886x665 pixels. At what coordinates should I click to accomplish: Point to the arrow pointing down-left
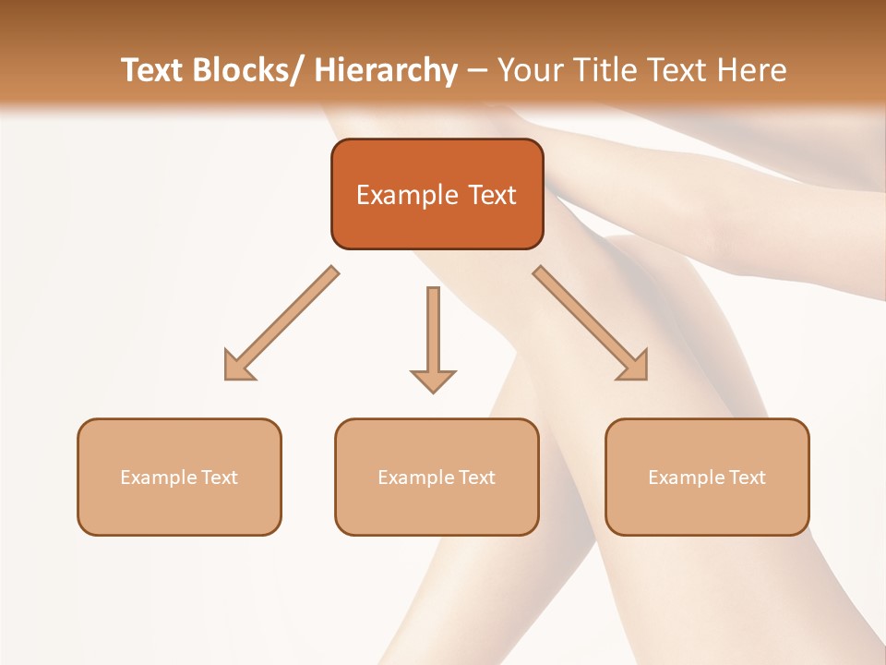click(x=281, y=323)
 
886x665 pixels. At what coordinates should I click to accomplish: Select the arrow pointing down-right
click(x=591, y=323)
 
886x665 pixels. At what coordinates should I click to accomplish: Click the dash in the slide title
click(x=477, y=70)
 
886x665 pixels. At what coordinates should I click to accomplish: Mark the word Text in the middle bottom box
click(x=477, y=478)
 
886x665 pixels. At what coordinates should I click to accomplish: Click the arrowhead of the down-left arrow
click(x=238, y=366)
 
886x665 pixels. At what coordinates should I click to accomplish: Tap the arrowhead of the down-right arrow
click(x=633, y=366)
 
